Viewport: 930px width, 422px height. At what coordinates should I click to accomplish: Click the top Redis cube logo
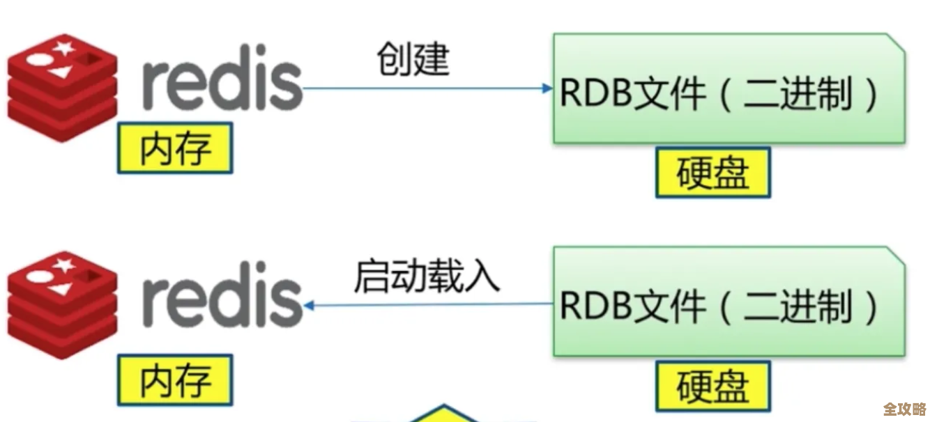(62, 86)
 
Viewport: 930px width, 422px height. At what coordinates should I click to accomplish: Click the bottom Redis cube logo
(62, 304)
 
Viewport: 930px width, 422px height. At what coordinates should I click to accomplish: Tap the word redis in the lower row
(222, 302)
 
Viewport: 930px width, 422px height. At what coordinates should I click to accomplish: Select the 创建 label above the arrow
(414, 58)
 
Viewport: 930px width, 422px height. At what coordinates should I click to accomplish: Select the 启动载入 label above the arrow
(427, 276)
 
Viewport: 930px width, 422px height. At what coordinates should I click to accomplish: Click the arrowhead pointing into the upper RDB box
(547, 88)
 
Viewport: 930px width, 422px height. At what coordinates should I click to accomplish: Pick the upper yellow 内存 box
(175, 148)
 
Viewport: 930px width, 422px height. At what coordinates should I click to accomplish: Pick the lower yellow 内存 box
(175, 380)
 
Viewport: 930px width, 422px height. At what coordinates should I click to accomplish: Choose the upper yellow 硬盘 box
(712, 172)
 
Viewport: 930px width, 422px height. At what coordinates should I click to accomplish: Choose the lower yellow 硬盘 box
(712, 385)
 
